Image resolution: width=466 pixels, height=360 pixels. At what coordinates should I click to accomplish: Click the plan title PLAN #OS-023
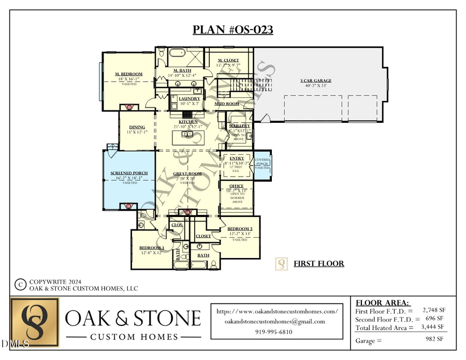pyautogui.click(x=233, y=30)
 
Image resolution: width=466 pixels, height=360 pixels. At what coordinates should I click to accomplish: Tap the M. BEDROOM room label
pyautogui.click(x=128, y=74)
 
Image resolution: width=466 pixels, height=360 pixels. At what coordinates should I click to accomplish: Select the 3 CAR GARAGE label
pyautogui.click(x=315, y=81)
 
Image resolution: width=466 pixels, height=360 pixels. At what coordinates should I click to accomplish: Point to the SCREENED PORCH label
pyautogui.click(x=129, y=173)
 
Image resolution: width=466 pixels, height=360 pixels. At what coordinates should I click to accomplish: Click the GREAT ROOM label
pyautogui.click(x=187, y=174)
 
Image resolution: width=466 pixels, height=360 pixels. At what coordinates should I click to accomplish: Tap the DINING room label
pyautogui.click(x=137, y=127)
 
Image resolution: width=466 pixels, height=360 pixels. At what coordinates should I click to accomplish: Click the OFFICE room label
pyautogui.click(x=236, y=185)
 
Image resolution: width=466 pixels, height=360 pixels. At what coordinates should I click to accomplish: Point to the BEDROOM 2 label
pyautogui.click(x=240, y=228)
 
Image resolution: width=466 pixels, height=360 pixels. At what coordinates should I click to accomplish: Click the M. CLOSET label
pyautogui.click(x=228, y=61)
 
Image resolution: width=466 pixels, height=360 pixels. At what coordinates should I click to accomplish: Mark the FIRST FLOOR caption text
pyautogui.click(x=318, y=264)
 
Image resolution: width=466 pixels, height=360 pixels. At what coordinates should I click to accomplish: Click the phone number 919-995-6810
pyautogui.click(x=273, y=332)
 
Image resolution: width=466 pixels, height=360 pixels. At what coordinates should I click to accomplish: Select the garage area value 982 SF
pyautogui.click(x=434, y=340)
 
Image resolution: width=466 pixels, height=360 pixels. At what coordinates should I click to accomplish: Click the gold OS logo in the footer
pyautogui.click(x=35, y=322)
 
